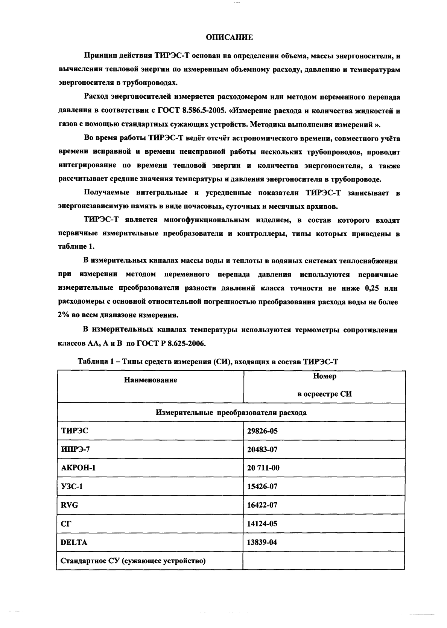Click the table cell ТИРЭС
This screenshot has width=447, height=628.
74,431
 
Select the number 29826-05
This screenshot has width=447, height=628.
262,431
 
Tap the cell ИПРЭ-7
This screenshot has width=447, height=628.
75,449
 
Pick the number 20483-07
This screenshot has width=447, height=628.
262,449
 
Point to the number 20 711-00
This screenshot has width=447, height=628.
263,468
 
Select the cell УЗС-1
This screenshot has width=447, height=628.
71,486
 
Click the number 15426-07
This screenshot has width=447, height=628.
262,486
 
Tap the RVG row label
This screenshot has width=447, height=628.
70,505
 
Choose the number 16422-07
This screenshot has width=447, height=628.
262,505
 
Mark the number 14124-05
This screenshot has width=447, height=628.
262,524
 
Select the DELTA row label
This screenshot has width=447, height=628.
74,542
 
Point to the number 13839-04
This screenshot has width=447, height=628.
262,542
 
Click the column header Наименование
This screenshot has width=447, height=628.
151,380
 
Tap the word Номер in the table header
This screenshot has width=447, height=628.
324,376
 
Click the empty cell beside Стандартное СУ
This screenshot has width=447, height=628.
324,561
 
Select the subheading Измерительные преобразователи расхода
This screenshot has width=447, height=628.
231,413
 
